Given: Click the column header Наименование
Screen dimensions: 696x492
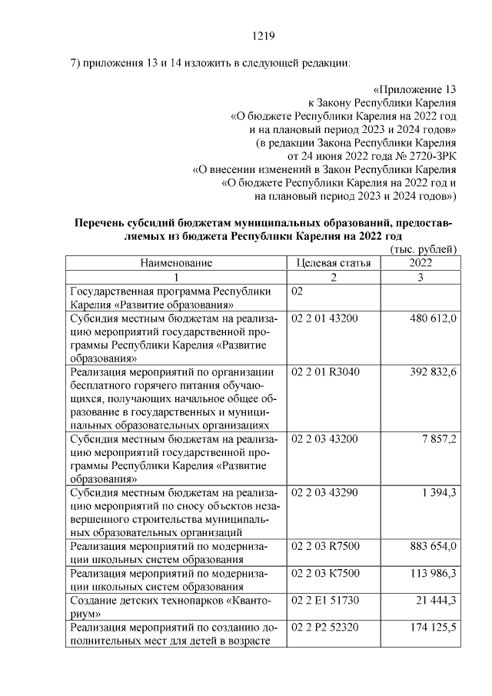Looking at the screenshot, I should click(176, 263).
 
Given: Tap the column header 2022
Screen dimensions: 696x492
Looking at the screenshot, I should click(420, 263).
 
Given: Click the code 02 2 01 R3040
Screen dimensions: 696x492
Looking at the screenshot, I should click(326, 372).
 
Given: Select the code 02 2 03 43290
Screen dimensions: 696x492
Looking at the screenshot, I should click(325, 492).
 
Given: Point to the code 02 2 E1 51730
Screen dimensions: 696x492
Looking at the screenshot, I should click(325, 600).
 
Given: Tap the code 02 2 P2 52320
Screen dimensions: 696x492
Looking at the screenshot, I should click(325, 628).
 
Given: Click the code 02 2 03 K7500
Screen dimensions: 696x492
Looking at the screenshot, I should click(326, 573).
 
